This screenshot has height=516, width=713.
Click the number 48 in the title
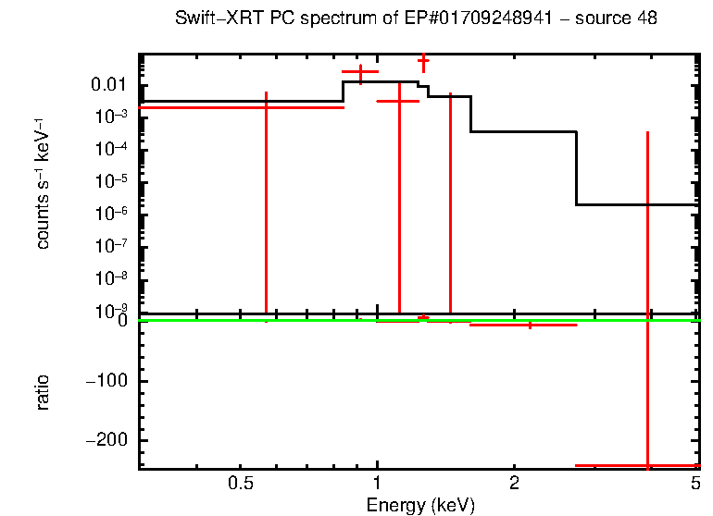tap(647, 19)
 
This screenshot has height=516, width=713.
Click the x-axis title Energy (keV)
tap(420, 505)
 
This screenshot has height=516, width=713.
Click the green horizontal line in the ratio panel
tap(278, 320)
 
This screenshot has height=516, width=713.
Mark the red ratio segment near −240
tap(611, 465)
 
